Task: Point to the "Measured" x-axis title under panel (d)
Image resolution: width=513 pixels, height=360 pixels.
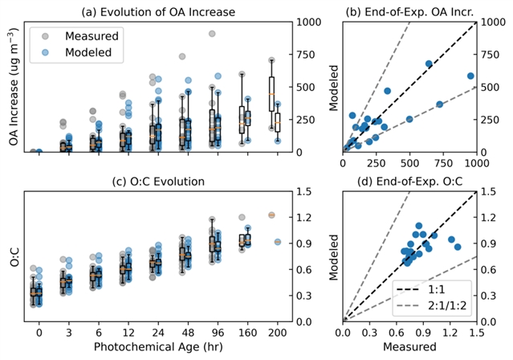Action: click(410, 347)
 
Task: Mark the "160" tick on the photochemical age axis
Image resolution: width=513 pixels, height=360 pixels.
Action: click(242, 332)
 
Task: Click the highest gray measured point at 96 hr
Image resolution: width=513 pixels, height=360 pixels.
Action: click(212, 34)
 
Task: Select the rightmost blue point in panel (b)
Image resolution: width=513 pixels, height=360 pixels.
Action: click(471, 76)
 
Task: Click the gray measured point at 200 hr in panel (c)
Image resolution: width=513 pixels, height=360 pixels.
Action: click(271, 215)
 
